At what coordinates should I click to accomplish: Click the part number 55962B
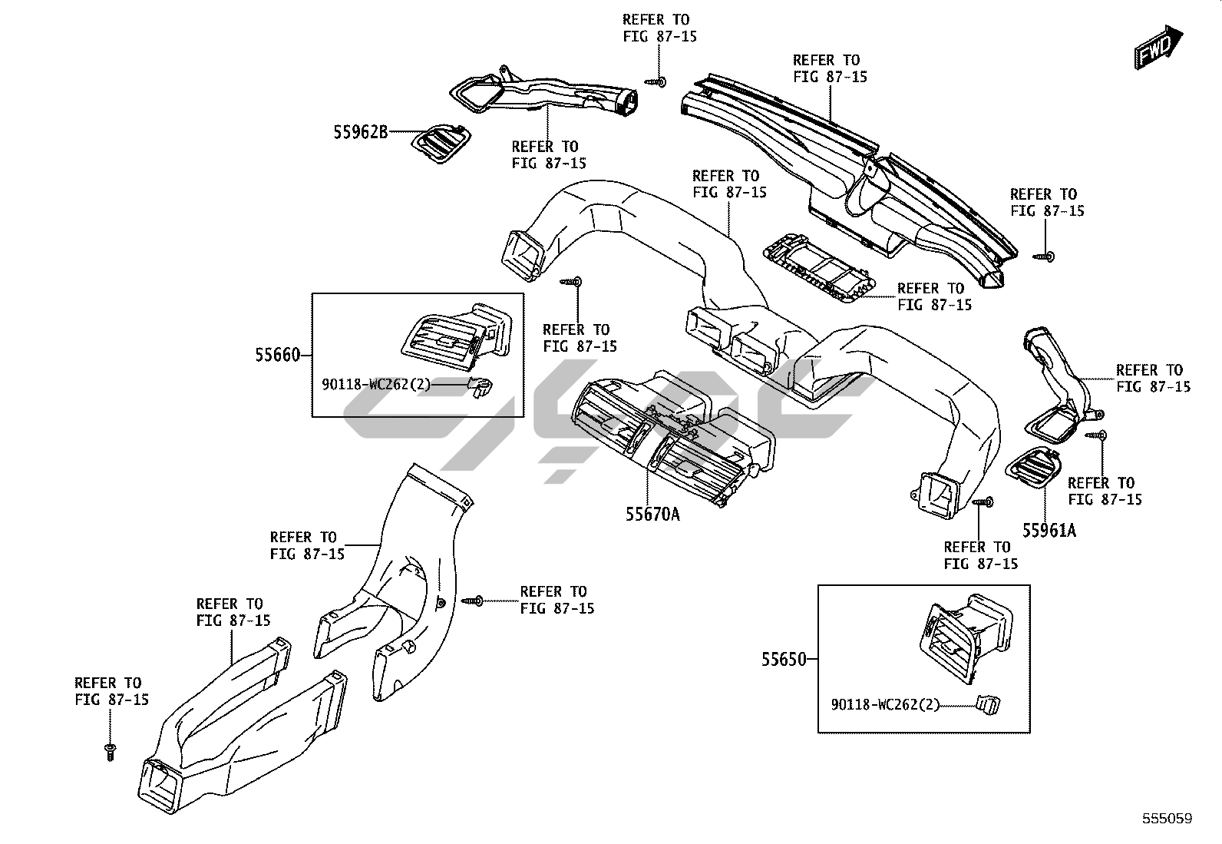(361, 132)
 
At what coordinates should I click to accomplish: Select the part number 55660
(278, 356)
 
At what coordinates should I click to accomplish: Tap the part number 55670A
(652, 515)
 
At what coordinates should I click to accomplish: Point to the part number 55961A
(1049, 530)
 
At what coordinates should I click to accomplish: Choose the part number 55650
(784, 660)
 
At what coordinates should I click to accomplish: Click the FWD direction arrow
(1159, 47)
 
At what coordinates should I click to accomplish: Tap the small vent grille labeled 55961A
(1034, 468)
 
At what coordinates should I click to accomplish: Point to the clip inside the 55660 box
(480, 386)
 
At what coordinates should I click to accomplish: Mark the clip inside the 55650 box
(987, 704)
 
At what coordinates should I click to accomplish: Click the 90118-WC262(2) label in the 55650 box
(885, 705)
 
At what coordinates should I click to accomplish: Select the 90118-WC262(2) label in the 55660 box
(376, 385)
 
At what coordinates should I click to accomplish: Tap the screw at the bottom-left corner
(111, 752)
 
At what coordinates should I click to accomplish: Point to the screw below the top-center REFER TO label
(656, 82)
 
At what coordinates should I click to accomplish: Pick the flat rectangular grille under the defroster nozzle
(819, 267)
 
